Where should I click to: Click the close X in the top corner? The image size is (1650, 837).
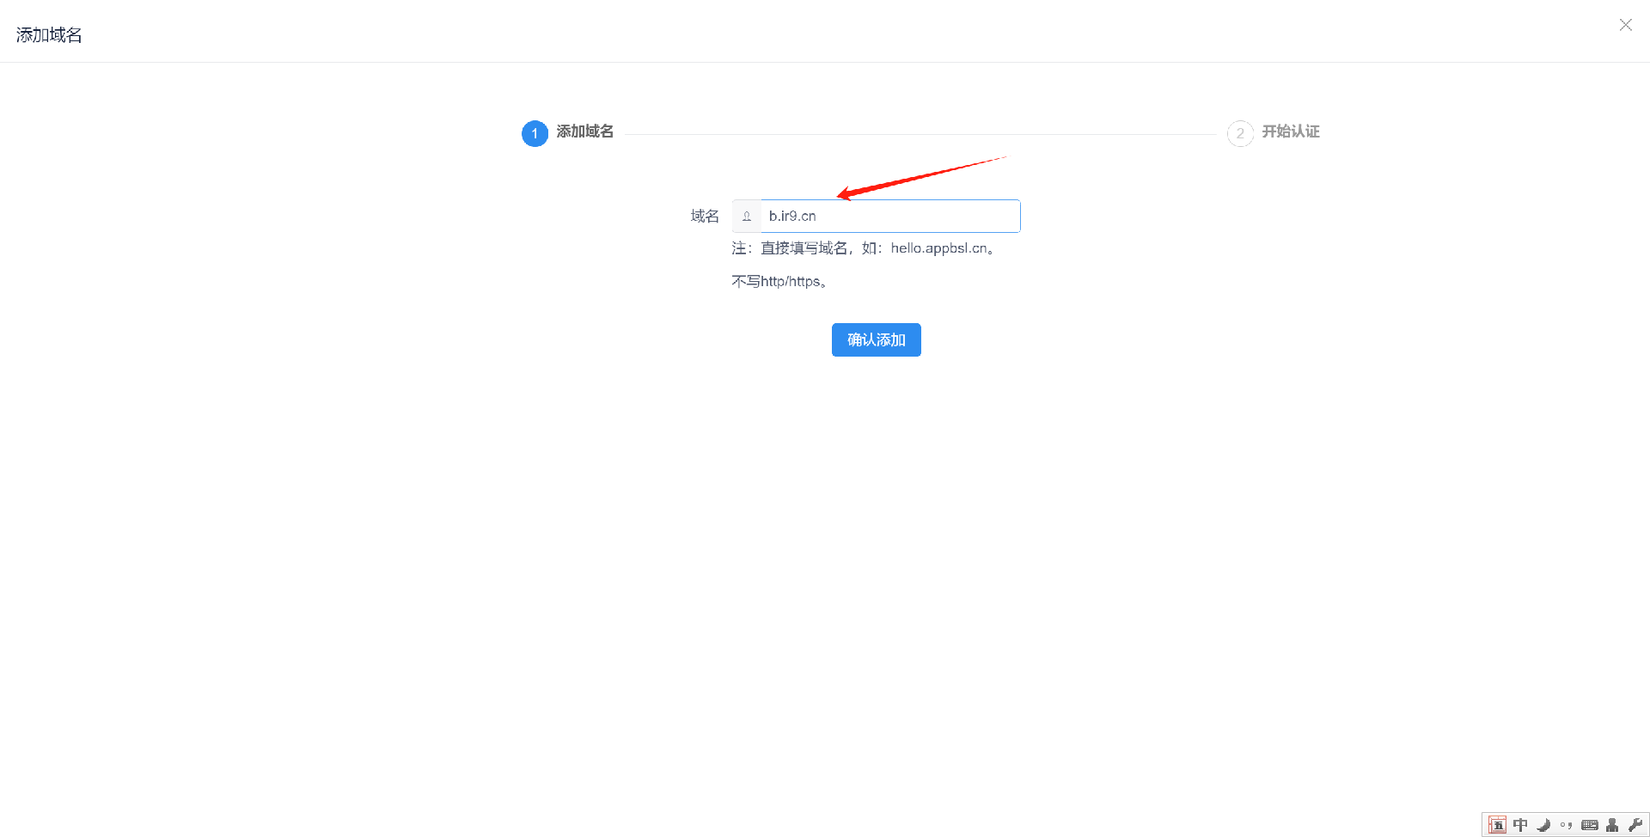[1625, 25]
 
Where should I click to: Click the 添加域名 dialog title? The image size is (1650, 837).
[49, 35]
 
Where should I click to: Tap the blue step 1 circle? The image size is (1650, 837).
[535, 133]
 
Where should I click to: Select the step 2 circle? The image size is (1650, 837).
[1239, 133]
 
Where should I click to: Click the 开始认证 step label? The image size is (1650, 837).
[1290, 131]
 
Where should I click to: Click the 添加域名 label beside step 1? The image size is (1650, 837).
[584, 131]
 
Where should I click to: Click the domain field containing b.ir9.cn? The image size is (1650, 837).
[889, 217]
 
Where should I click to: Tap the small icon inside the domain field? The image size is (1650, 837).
[747, 217]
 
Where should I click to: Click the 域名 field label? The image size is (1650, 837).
[705, 217]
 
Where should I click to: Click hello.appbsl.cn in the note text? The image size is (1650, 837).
[938, 248]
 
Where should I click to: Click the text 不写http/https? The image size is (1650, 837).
[779, 282]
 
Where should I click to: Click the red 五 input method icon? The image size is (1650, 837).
[1497, 825]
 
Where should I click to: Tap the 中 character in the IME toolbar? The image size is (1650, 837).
[1520, 825]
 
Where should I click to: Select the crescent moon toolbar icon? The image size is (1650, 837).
[1543, 825]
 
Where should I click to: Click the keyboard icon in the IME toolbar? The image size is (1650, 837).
[1590, 825]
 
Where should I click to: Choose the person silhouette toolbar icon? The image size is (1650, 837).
[1612, 825]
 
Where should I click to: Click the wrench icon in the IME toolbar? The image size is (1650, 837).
[1635, 825]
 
